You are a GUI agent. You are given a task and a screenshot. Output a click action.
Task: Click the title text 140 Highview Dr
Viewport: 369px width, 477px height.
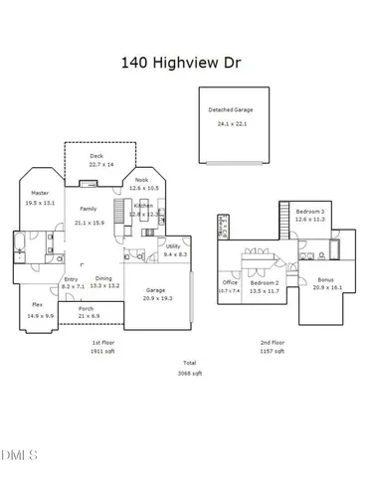click(184, 62)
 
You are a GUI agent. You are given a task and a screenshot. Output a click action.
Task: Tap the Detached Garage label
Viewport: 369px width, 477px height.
click(229, 109)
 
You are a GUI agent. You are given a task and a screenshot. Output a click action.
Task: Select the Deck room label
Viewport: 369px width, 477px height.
click(96, 156)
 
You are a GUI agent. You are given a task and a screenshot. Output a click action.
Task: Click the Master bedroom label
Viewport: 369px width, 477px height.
click(40, 193)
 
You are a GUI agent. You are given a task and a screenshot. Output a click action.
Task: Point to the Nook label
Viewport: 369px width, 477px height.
click(141, 180)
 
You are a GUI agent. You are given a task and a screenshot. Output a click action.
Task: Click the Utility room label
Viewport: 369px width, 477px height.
click(173, 245)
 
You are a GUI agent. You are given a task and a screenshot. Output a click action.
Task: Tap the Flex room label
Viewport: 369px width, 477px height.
click(37, 304)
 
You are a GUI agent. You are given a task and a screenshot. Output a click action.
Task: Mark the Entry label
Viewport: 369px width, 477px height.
click(72, 279)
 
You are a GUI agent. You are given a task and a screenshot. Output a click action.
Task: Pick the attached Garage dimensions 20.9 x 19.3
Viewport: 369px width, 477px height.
click(157, 298)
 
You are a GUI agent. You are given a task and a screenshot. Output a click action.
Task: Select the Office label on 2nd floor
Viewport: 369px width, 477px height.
click(230, 282)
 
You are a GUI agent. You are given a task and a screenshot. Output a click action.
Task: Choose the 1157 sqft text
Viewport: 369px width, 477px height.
click(273, 351)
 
